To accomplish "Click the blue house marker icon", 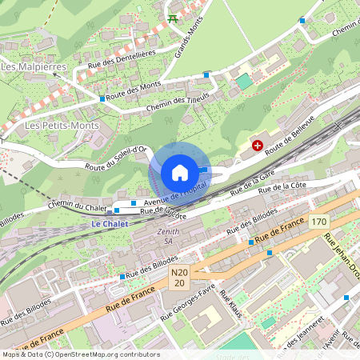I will [180, 173].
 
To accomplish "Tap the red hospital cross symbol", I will [258, 145].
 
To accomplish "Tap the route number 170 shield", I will [319, 221].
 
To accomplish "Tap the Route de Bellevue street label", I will [290, 134].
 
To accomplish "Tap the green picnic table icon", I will [172, 18].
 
